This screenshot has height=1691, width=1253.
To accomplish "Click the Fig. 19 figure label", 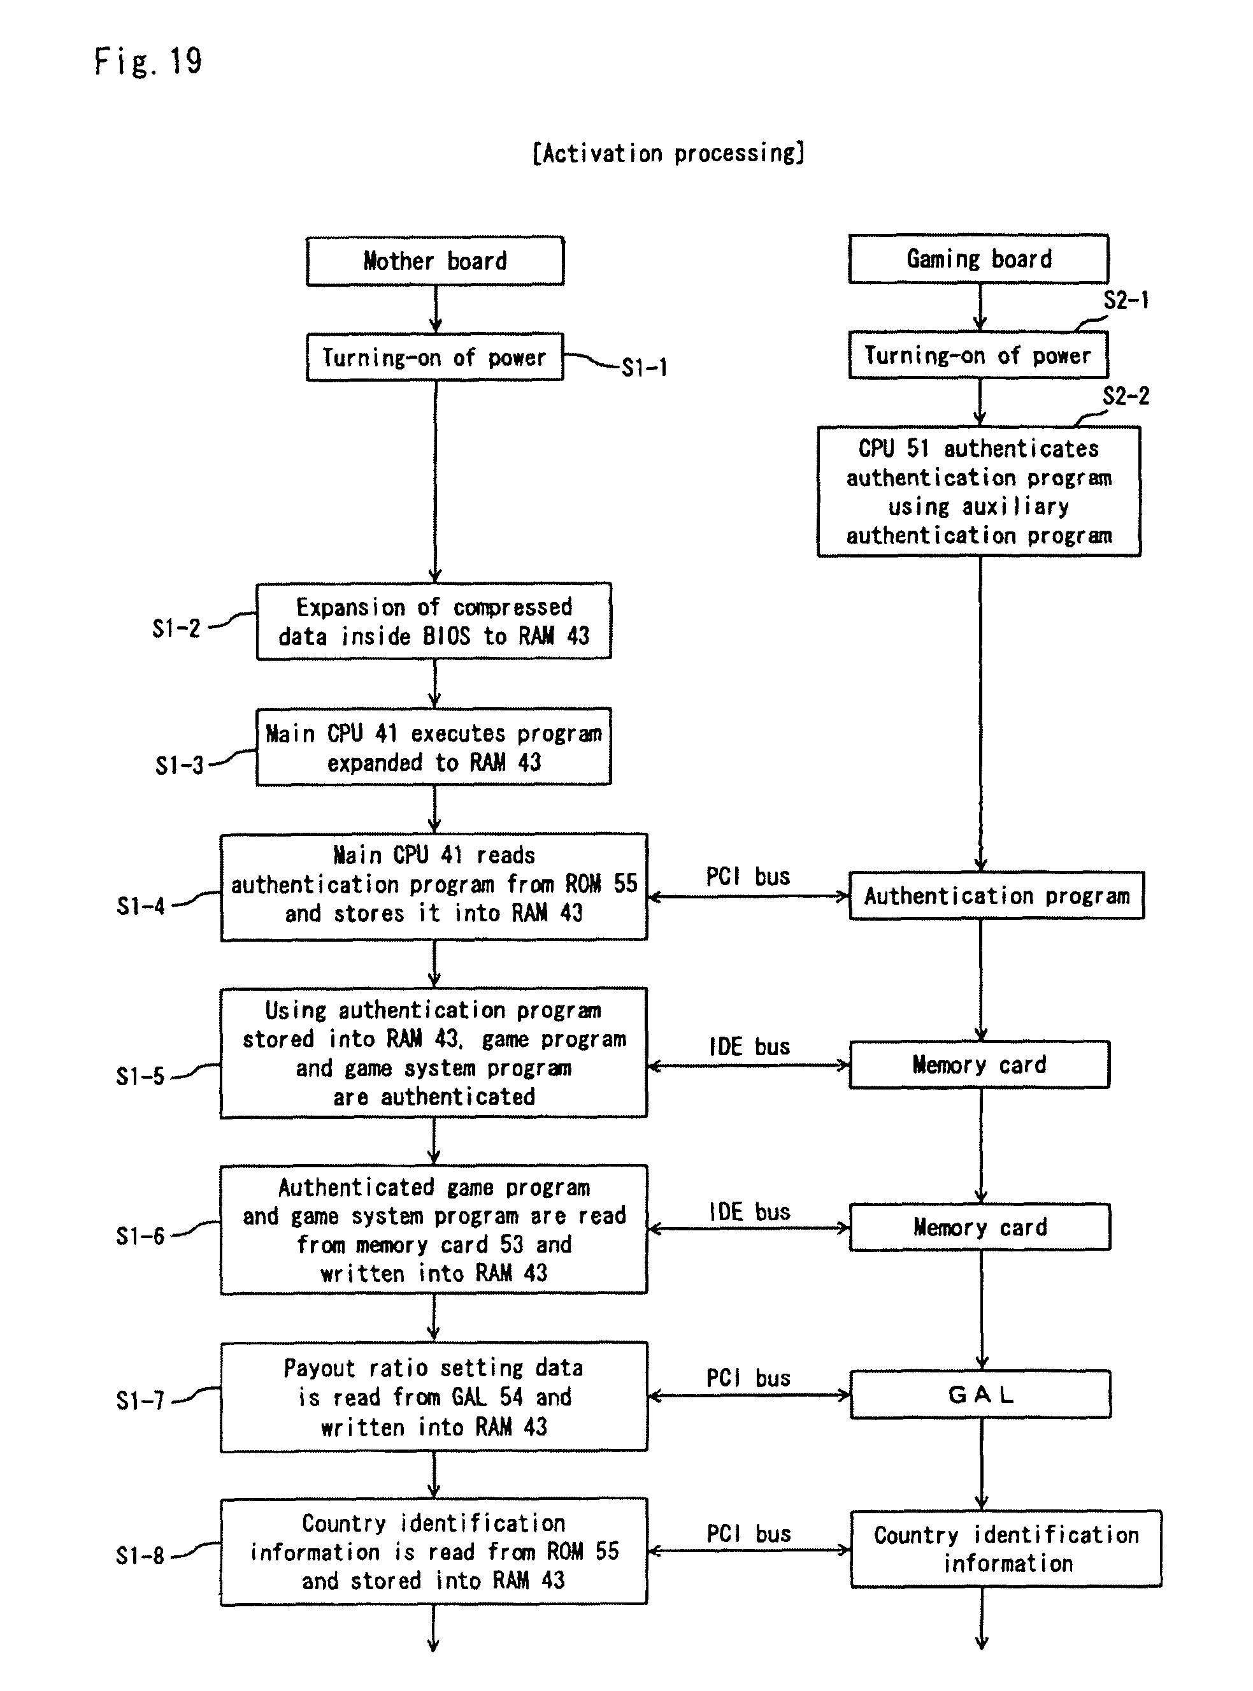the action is [x=148, y=61].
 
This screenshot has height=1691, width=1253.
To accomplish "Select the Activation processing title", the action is [x=668, y=154].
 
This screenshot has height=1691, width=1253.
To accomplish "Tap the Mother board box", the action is [x=434, y=261].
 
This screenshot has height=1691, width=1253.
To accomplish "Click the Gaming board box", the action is [x=978, y=259].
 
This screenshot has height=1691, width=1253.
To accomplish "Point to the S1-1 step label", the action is [x=644, y=368].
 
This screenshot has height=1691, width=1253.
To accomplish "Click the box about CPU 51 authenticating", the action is [x=978, y=492].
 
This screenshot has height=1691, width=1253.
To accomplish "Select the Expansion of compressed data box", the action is [x=434, y=621].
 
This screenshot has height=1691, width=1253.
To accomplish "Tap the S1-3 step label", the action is [x=179, y=765].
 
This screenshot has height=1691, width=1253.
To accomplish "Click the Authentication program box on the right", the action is [x=997, y=896].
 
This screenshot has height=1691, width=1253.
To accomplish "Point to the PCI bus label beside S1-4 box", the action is [x=748, y=877].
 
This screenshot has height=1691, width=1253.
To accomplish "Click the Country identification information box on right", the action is [x=1006, y=1548].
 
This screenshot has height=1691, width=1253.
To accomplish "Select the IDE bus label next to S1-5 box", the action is [x=749, y=1047].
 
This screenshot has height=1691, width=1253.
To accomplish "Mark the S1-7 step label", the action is [x=140, y=1400].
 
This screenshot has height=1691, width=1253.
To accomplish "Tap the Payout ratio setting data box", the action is [x=434, y=1397].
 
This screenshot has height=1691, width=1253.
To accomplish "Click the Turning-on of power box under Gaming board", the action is [x=978, y=355].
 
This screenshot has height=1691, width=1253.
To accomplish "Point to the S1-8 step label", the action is [x=140, y=1556].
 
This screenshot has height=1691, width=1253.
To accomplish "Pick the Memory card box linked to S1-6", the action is [x=980, y=1227].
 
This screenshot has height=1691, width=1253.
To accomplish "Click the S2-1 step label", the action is [x=1126, y=301].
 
